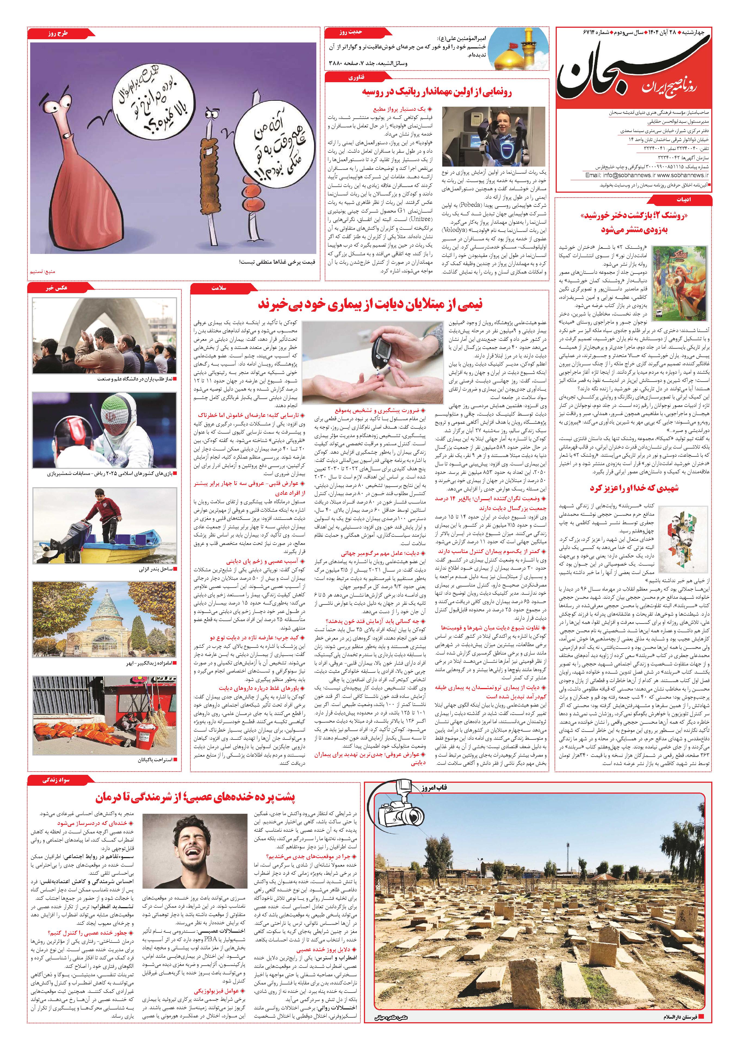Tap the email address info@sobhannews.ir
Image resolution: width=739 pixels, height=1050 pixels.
pyautogui.click(x=615, y=175)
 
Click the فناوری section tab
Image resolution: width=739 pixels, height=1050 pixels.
pyautogui.click(x=357, y=78)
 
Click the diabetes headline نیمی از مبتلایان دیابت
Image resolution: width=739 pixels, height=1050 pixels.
pyautogui.click(x=370, y=304)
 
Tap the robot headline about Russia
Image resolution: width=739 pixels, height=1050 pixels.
pyautogui.click(x=437, y=92)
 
